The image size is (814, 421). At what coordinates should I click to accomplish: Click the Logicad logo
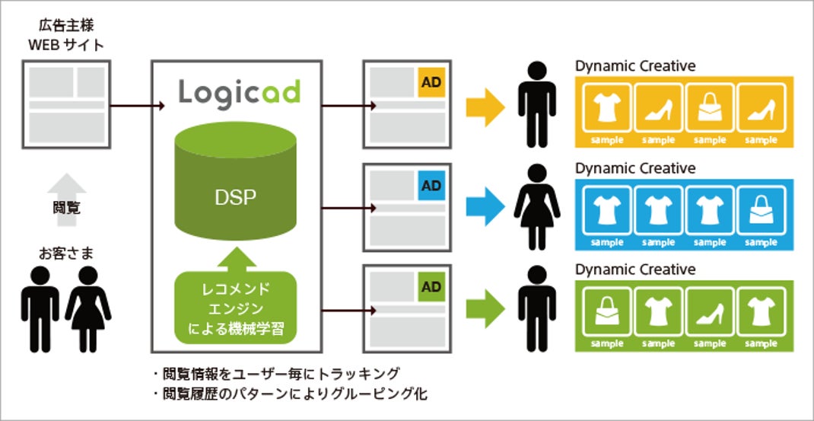240,94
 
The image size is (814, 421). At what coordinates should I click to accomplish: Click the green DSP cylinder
236,181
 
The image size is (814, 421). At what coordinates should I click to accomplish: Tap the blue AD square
431,186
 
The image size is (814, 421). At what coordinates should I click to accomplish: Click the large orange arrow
485,107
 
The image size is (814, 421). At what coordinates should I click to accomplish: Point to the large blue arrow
485,207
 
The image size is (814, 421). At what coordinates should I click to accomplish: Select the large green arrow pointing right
485,309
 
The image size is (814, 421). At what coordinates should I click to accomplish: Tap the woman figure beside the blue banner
537,207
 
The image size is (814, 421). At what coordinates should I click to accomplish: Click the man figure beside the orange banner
537,104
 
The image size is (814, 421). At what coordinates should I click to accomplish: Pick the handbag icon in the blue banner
761,212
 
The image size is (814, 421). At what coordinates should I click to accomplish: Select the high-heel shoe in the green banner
710,313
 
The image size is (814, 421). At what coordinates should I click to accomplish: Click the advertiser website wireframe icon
66,104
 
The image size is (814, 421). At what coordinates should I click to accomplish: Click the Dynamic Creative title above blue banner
635,168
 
